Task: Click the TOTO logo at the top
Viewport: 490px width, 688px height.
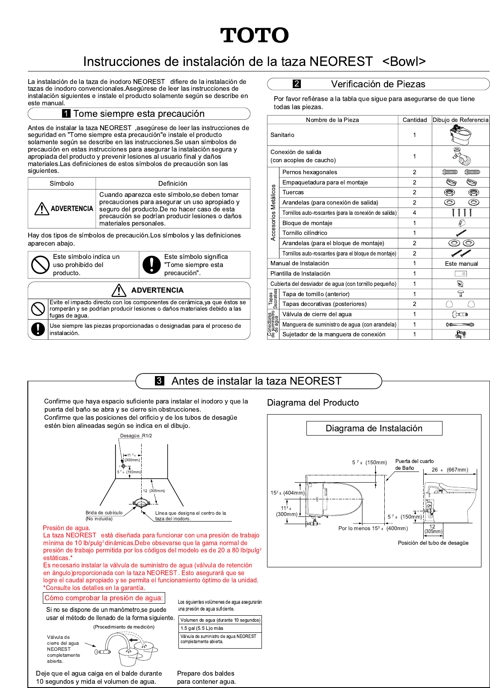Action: (255, 36)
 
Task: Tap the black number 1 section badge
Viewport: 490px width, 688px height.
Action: (66, 113)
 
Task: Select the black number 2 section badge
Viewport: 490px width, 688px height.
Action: (297, 84)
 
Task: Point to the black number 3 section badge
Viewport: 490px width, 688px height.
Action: (159, 381)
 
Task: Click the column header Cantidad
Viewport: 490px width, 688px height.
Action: (415, 120)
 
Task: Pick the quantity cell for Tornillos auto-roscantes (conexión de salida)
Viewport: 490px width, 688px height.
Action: (414, 213)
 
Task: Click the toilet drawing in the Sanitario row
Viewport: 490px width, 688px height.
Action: (460, 135)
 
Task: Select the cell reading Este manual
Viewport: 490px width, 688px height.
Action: (461, 264)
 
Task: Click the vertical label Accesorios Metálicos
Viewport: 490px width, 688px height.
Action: (273, 213)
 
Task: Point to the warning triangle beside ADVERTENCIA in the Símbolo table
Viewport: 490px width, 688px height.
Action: (42, 209)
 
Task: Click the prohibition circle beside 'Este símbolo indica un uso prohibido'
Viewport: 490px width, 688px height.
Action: (40, 265)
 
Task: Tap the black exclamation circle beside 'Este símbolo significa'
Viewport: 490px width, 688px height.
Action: (151, 265)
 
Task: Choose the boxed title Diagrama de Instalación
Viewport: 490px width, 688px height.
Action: (374, 428)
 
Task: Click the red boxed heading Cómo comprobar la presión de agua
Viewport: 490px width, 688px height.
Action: (104, 598)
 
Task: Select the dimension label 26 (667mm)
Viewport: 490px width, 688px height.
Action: (449, 470)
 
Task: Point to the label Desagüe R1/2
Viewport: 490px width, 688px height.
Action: (136, 436)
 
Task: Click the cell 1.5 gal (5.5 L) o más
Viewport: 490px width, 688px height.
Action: (202, 628)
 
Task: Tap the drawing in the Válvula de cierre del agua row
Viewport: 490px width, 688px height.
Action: (460, 314)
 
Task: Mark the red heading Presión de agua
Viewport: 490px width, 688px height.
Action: (66, 528)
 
